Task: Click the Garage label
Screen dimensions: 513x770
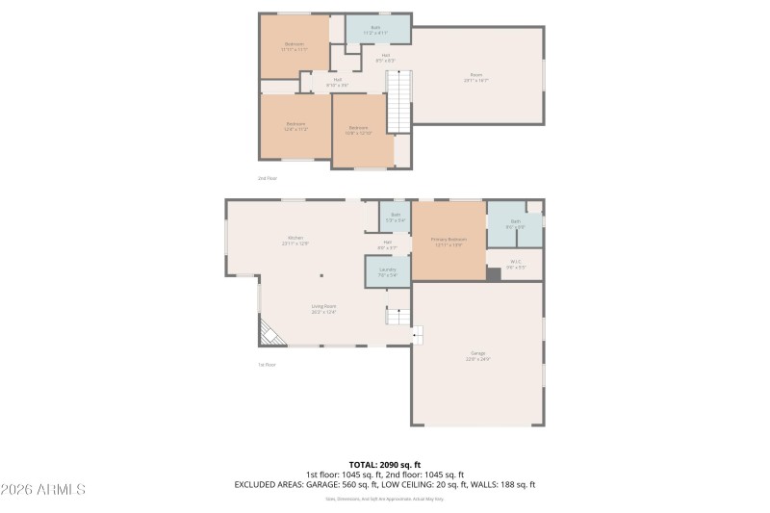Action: coord(477,357)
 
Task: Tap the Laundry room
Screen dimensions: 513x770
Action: coord(387,271)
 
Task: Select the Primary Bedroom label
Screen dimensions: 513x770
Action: coord(449,241)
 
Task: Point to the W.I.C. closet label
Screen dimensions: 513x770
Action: coord(516,265)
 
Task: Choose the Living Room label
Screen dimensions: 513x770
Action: coord(322,307)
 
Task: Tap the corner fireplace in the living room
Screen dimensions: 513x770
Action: coord(269,333)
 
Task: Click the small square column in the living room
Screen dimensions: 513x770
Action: coord(321,275)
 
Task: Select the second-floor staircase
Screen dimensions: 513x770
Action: coord(398,101)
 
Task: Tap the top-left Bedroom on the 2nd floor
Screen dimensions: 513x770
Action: coord(295,46)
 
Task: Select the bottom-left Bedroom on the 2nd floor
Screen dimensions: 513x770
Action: coord(295,125)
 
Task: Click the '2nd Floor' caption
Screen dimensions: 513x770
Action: coord(267,178)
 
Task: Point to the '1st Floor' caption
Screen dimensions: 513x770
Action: coord(267,364)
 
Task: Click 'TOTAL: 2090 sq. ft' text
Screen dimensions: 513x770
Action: coord(385,465)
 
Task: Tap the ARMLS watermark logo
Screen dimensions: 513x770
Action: coord(43,490)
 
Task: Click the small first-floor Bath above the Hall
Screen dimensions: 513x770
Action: coord(395,217)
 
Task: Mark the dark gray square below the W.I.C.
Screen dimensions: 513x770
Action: coord(494,274)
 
